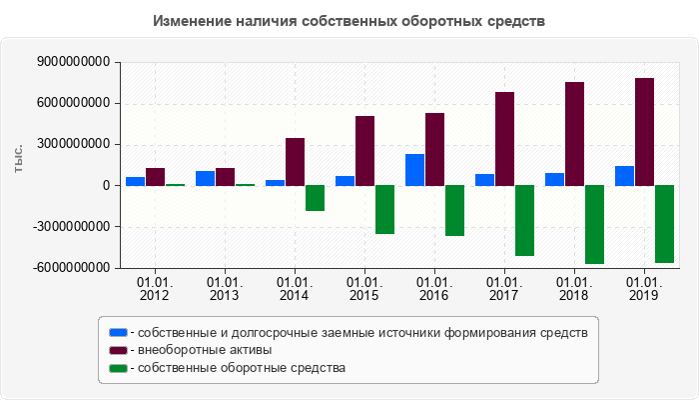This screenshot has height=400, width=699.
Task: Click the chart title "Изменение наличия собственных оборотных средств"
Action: tap(349, 21)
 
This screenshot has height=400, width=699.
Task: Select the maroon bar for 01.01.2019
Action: tap(644, 131)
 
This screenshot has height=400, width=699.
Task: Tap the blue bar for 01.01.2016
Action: tap(414, 169)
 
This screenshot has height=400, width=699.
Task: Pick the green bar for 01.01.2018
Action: tap(594, 224)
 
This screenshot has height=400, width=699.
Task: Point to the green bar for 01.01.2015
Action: tap(384, 209)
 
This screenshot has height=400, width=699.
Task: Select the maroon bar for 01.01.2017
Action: tap(504, 138)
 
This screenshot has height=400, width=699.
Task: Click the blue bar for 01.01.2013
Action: tap(205, 178)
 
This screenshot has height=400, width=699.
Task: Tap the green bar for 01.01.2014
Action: tap(315, 198)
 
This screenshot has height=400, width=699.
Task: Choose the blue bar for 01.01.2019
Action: tap(624, 175)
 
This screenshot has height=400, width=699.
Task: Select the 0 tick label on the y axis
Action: tap(105, 185)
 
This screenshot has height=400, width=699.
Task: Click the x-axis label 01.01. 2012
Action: tap(155, 289)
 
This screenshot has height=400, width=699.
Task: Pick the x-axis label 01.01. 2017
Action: tap(504, 289)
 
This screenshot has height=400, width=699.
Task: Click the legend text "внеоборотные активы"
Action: tap(205, 350)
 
